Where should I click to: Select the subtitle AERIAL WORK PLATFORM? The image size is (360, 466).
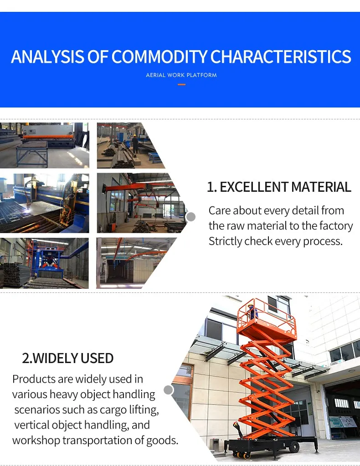pyautogui.click(x=181, y=75)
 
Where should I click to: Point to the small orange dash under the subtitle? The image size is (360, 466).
pyautogui.click(x=181, y=84)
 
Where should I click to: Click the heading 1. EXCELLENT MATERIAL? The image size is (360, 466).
pyautogui.click(x=279, y=187)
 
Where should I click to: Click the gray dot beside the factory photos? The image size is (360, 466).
pyautogui.click(x=191, y=217)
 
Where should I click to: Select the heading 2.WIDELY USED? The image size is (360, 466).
pyautogui.click(x=68, y=358)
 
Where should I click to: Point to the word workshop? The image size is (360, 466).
pyautogui.click(x=36, y=440)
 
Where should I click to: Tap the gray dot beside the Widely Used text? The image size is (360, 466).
pyautogui.click(x=169, y=390)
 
